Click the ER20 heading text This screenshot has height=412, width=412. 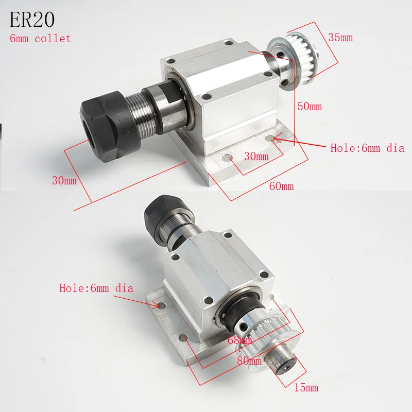(32, 20)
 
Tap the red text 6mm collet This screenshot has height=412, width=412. (40, 38)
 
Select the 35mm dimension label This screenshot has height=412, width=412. (340, 38)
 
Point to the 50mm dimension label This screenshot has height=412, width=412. (310, 107)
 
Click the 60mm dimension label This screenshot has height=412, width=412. (281, 186)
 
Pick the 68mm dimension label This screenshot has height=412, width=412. (239, 340)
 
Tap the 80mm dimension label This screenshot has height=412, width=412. (249, 360)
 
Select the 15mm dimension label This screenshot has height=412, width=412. (306, 388)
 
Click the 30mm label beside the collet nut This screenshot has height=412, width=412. (64, 180)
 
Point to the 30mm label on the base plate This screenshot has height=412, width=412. (256, 157)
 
